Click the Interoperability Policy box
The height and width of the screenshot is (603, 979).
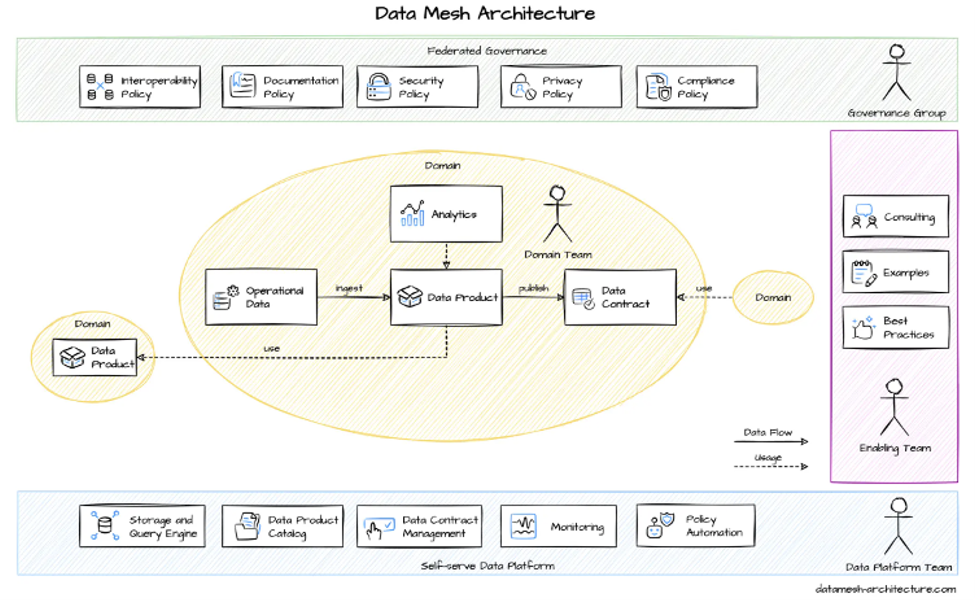140,87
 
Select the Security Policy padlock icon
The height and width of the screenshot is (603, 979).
378,86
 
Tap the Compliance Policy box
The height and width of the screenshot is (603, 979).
697,87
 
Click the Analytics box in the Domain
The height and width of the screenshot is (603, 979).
446,214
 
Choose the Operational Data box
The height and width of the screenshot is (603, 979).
261,297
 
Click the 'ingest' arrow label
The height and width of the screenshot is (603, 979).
349,288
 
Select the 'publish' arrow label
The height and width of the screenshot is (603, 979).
533,288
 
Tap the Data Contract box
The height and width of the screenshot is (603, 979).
620,297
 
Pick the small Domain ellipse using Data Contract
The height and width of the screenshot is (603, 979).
773,297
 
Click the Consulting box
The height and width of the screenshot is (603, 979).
896,216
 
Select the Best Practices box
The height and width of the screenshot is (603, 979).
896,327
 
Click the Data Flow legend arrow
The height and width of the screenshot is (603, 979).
771,442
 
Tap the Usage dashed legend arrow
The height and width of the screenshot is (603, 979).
771,466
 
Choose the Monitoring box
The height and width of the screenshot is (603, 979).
558,527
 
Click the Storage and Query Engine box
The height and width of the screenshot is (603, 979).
142,527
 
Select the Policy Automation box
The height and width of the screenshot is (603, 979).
696,526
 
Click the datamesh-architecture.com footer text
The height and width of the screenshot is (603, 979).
885,589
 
